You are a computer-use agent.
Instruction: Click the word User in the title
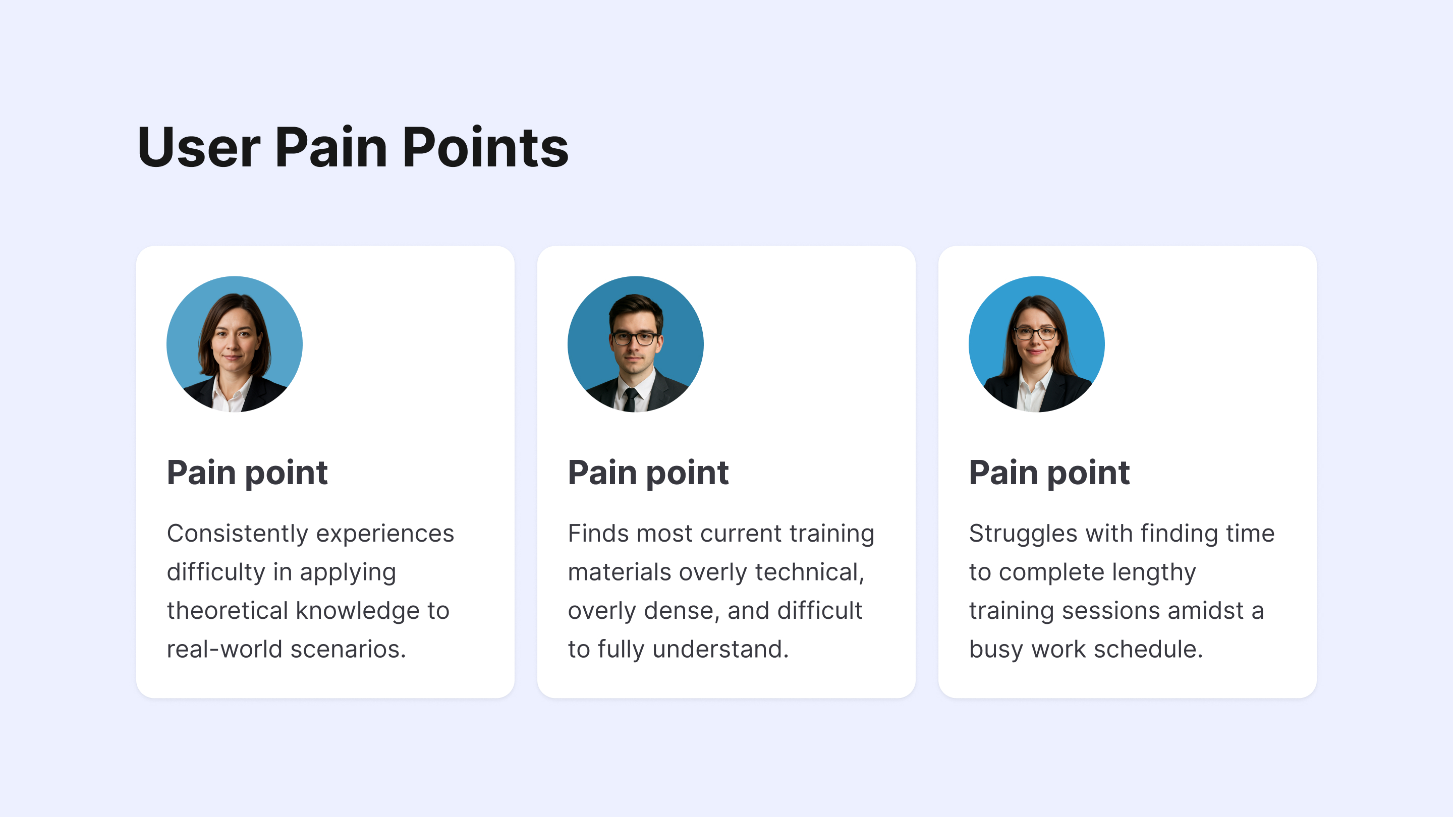(199, 148)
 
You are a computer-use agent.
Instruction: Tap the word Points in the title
(486, 148)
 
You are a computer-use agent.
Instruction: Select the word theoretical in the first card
(228, 611)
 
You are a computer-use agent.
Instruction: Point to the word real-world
(225, 650)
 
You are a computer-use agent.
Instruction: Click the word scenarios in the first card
(348, 650)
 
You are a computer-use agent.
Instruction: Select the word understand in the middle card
(720, 650)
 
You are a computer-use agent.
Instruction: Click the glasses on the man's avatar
(635, 338)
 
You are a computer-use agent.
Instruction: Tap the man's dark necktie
(631, 399)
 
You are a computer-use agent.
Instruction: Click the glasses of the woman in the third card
(1036, 333)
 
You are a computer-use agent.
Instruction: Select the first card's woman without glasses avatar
(235, 344)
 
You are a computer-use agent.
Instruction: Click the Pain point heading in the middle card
(648, 473)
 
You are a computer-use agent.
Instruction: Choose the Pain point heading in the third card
(1049, 473)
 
